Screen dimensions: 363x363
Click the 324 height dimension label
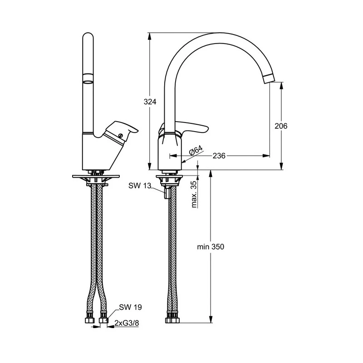click(x=151, y=102)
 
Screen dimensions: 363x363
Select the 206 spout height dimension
click(x=281, y=126)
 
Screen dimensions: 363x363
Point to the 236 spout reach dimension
click(x=219, y=156)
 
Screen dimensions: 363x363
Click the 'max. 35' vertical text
click(x=194, y=194)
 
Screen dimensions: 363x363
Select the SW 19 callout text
click(x=131, y=307)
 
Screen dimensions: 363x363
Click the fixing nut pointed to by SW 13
click(x=166, y=194)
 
